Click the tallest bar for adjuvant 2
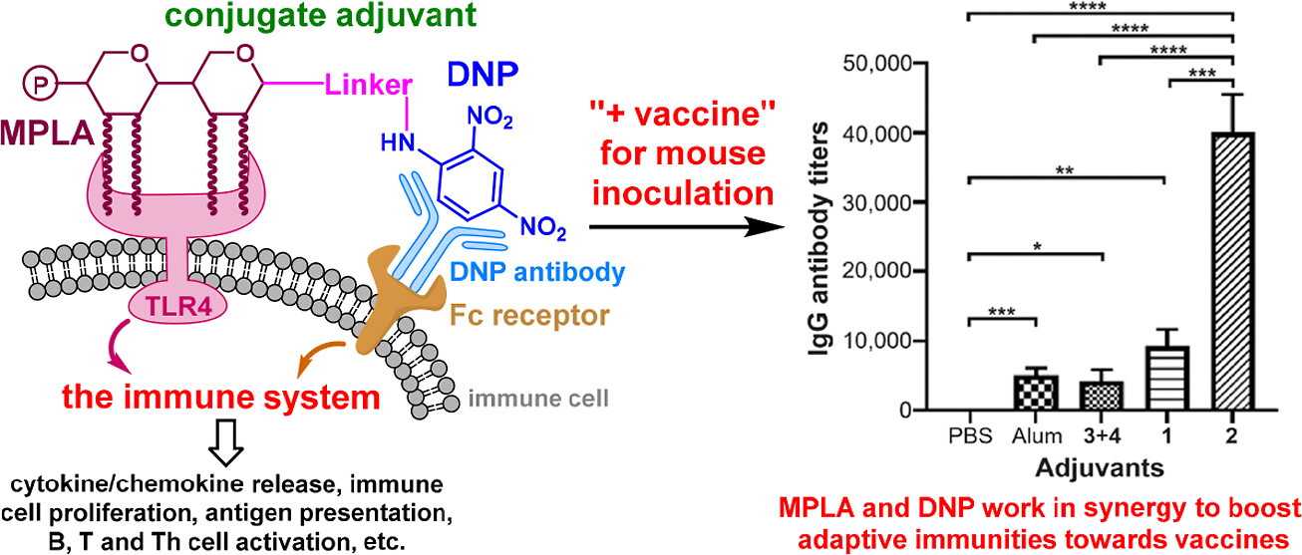(x=1233, y=271)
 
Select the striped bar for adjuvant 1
(x=1167, y=379)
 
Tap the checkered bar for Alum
(x=1036, y=393)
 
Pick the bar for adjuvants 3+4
(x=1102, y=396)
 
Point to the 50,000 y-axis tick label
(x=877, y=64)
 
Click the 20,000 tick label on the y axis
(x=877, y=271)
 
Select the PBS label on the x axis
(x=970, y=435)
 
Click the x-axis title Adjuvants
(x=1100, y=468)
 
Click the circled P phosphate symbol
(x=40, y=85)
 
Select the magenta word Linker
(x=369, y=86)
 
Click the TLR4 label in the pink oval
(x=178, y=307)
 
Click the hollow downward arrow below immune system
(x=225, y=442)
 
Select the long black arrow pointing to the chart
(x=687, y=226)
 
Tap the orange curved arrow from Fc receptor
(x=319, y=357)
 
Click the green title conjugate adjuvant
(x=321, y=16)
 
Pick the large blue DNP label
(x=483, y=75)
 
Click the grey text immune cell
(x=538, y=399)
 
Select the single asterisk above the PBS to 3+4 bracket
(x=1038, y=247)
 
